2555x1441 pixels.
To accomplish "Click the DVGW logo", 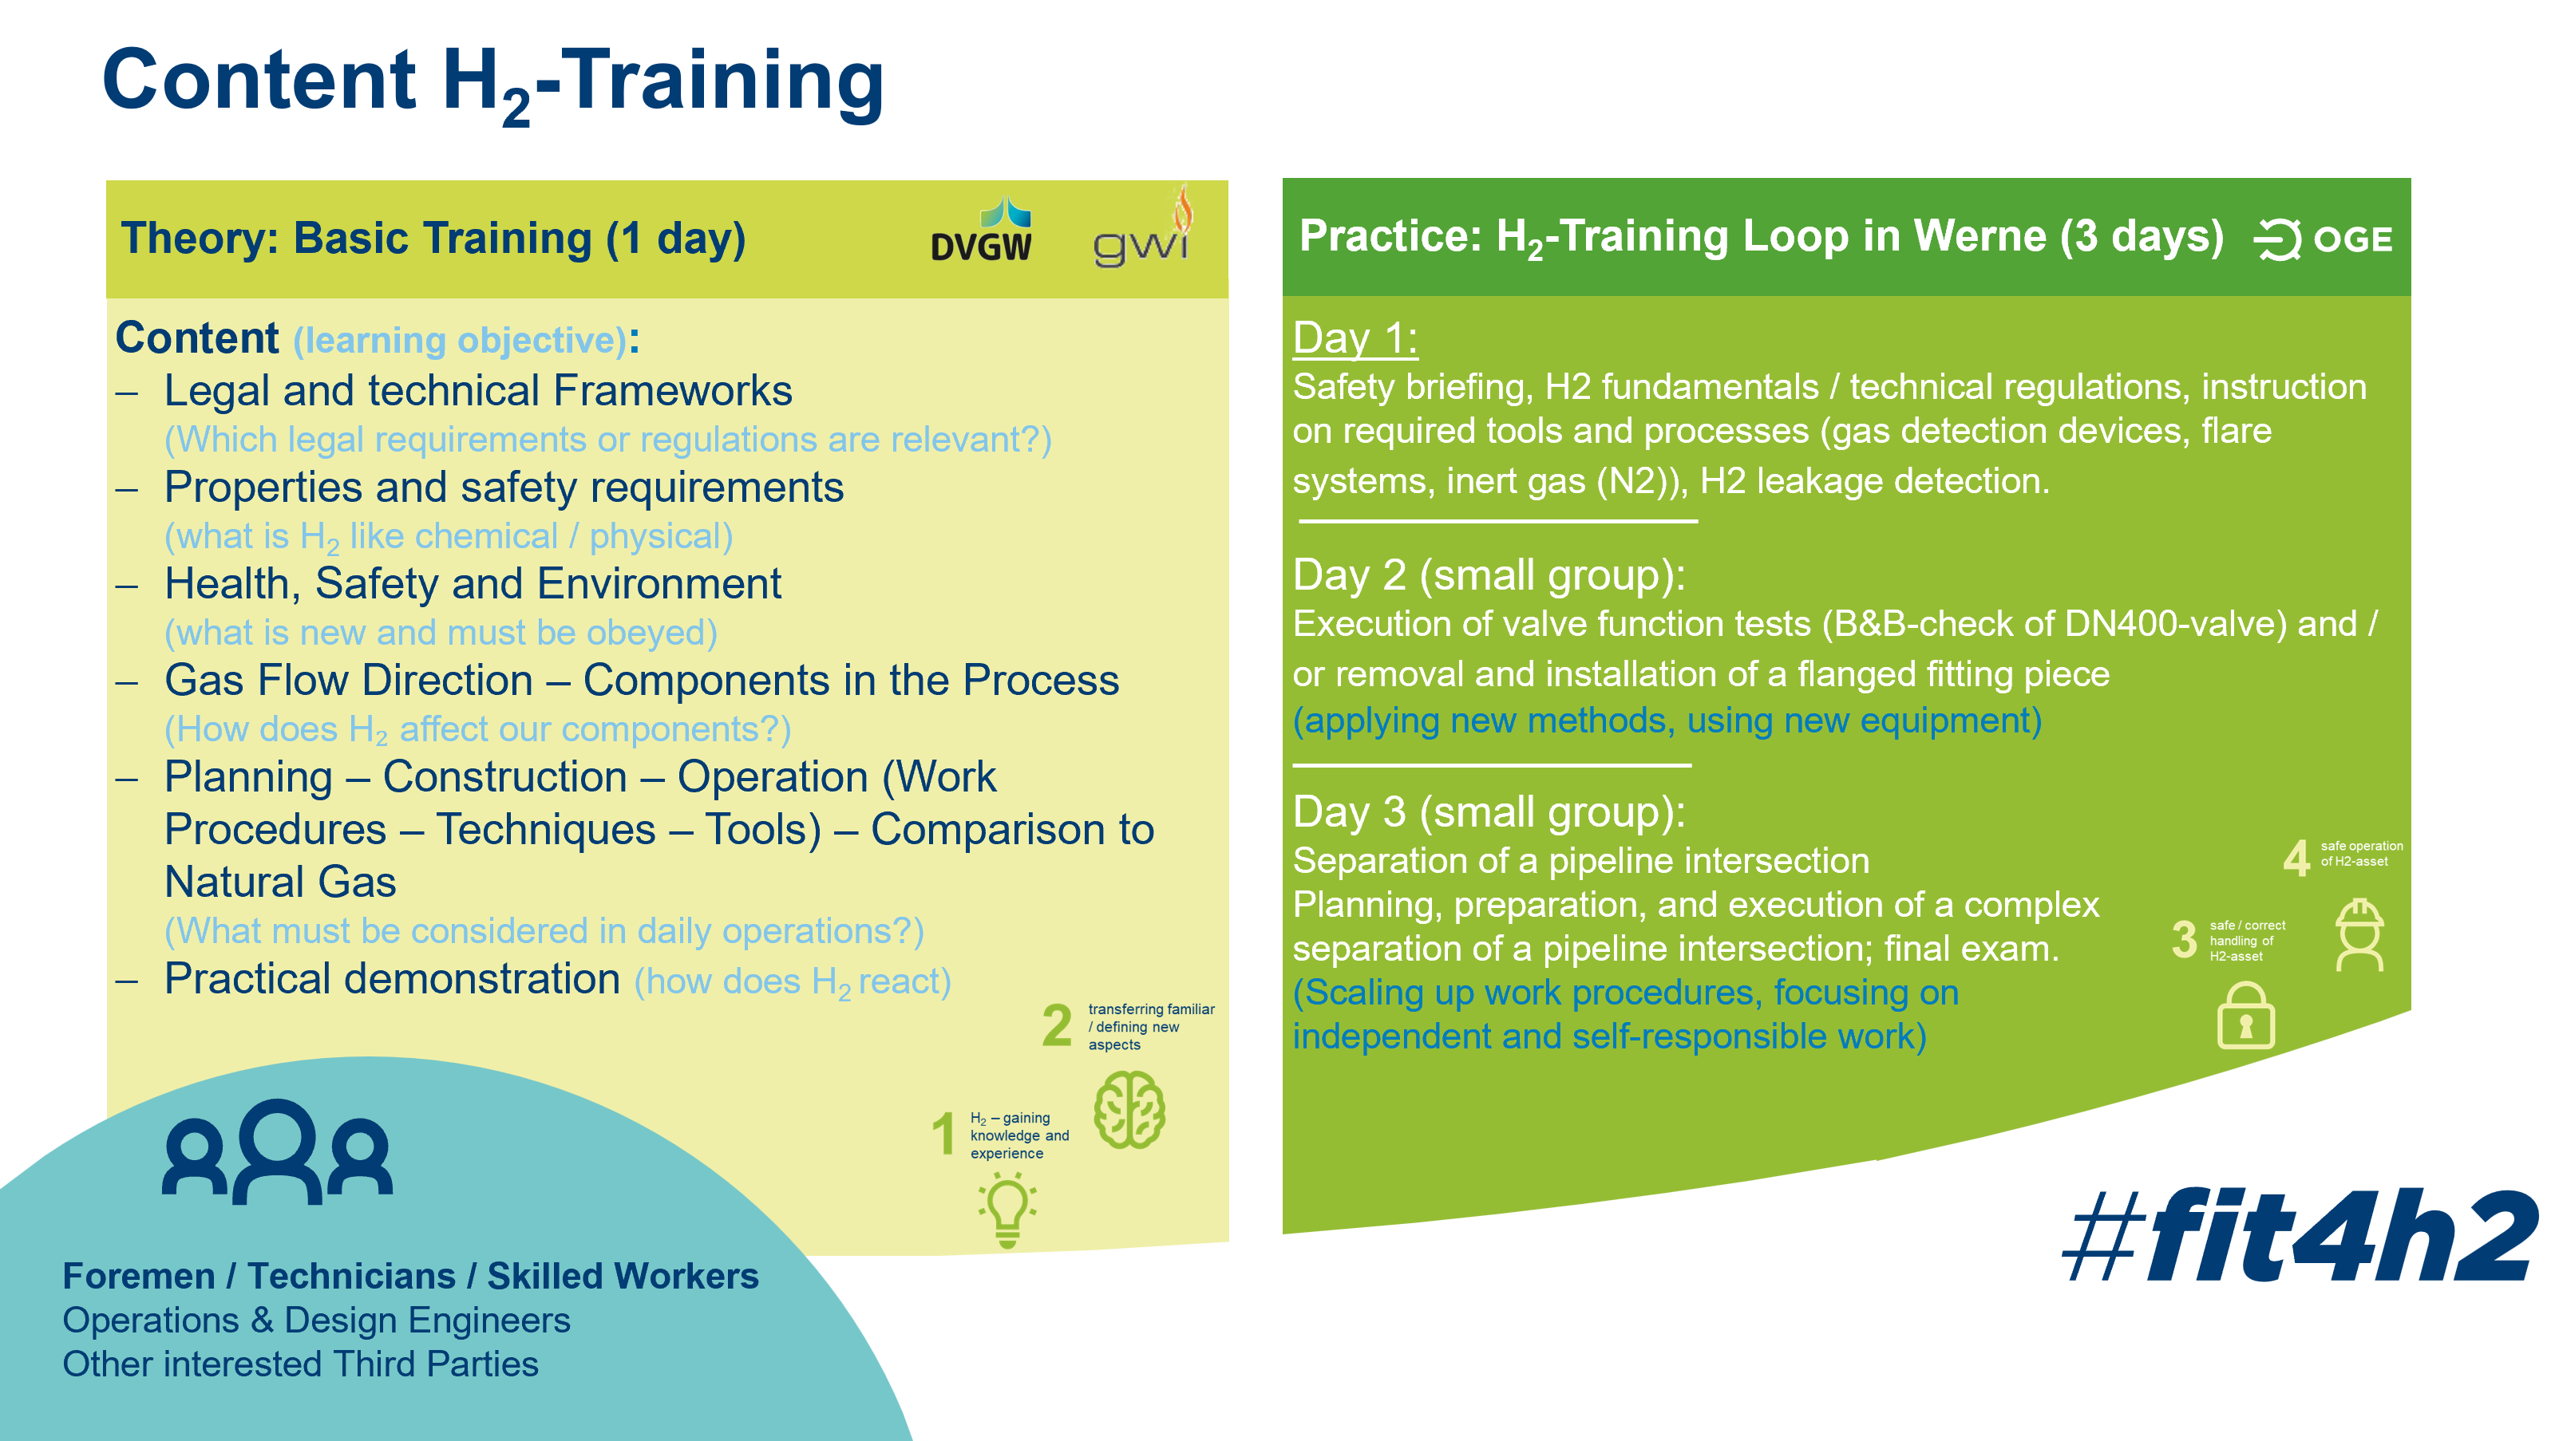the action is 981,230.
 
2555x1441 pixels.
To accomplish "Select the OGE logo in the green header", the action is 2323,239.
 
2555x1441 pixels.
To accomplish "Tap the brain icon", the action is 1129,1110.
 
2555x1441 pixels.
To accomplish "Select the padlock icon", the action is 2245,1016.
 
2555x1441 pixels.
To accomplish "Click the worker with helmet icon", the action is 2359,935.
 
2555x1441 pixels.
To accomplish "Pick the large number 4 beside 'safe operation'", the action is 2296,858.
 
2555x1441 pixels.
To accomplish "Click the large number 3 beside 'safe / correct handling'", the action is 2184,939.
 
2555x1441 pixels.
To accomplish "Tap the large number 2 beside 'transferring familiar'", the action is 1058,1025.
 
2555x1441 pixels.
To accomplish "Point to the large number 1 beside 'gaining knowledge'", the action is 943,1134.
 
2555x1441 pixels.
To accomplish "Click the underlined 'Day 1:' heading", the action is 1355,338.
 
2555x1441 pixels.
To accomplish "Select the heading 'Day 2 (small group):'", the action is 1489,575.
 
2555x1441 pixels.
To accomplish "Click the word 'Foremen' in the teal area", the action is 139,1277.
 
